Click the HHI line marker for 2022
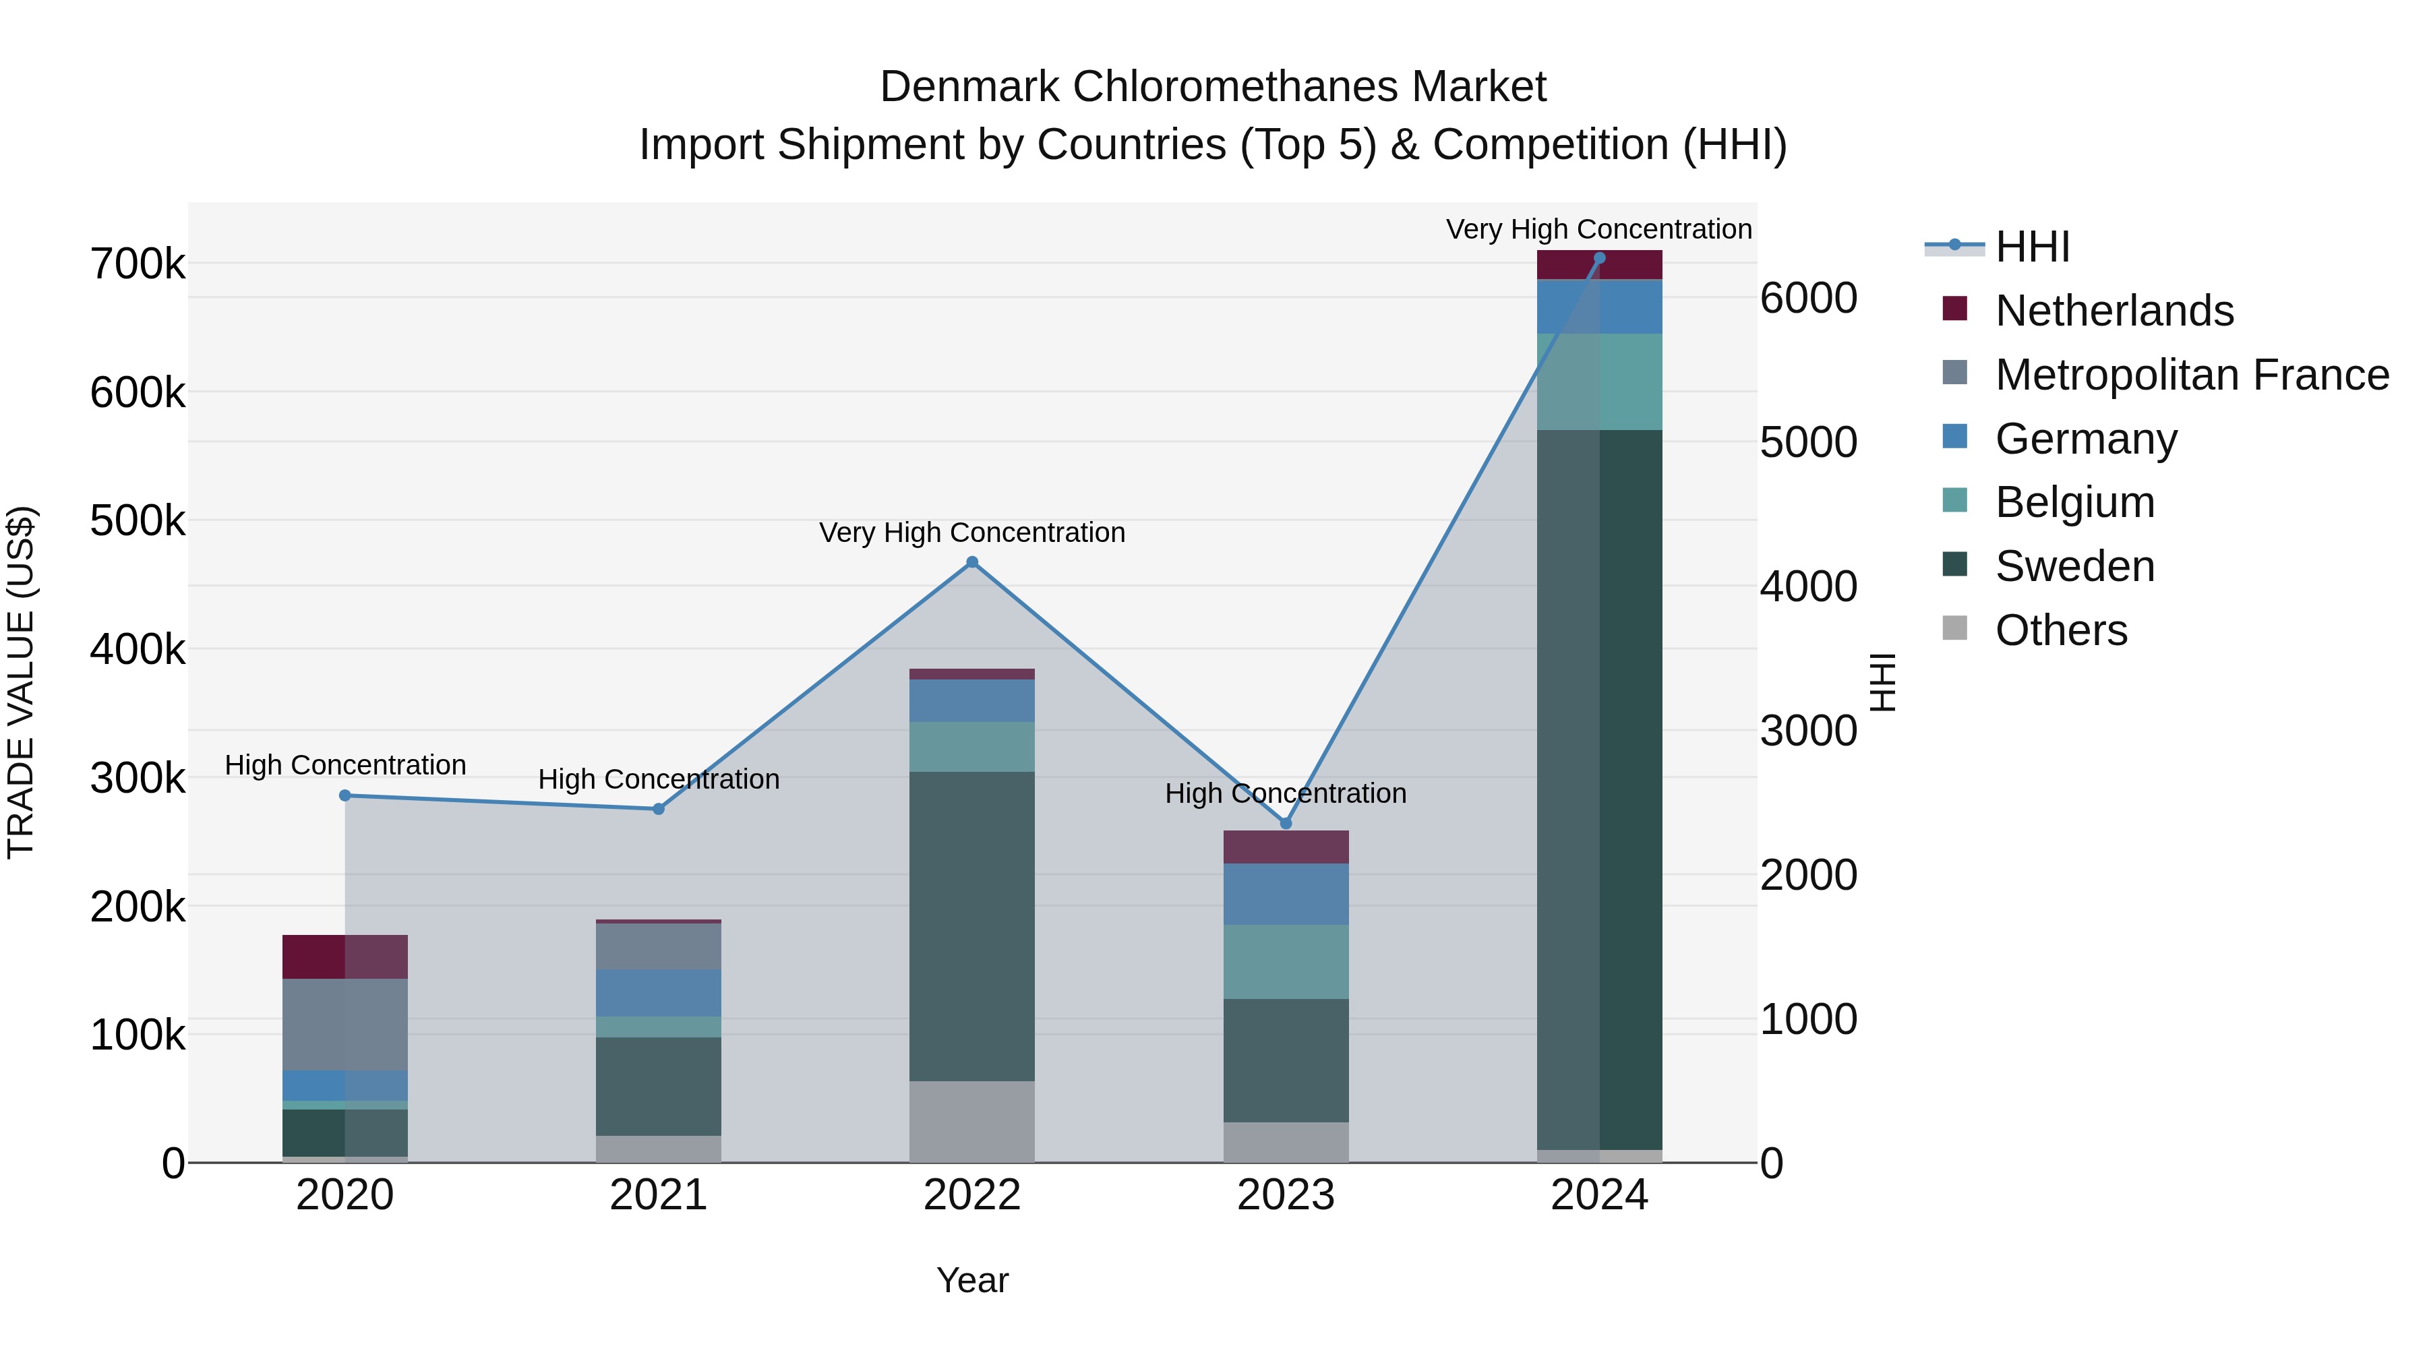pyautogui.click(x=972, y=562)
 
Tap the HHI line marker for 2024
pyautogui.click(x=1599, y=258)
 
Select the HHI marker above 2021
pyautogui.click(x=659, y=809)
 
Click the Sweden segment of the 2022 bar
pyautogui.click(x=972, y=926)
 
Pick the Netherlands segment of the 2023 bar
pyautogui.click(x=1286, y=847)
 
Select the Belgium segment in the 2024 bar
pyautogui.click(x=1599, y=382)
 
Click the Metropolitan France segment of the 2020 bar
pyautogui.click(x=344, y=1024)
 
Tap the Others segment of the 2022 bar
pyautogui.click(x=972, y=1121)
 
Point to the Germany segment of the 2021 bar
pyautogui.click(x=659, y=993)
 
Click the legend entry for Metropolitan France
pyautogui.click(x=2192, y=375)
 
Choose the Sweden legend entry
pyautogui.click(x=2074, y=566)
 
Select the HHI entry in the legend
pyautogui.click(x=2032, y=247)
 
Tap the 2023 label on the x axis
pyautogui.click(x=1286, y=1195)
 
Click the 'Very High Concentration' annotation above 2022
pyautogui.click(x=972, y=533)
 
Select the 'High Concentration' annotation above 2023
pyautogui.click(x=1286, y=793)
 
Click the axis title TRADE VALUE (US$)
pyautogui.click(x=21, y=682)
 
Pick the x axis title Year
pyautogui.click(x=972, y=1280)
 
